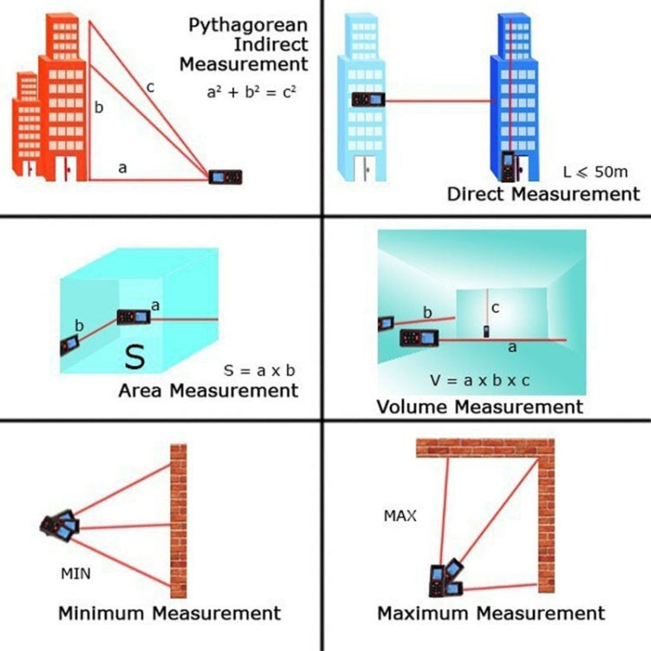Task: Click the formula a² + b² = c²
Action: (x=251, y=89)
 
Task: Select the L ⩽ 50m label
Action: (x=595, y=173)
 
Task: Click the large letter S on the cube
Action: (x=135, y=356)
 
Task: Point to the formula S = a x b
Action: (x=260, y=371)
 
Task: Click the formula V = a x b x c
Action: (x=479, y=380)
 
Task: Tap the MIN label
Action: (x=75, y=573)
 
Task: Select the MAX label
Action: (x=400, y=516)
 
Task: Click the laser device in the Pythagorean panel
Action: (x=226, y=177)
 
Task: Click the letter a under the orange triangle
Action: (x=122, y=168)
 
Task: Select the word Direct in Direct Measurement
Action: (x=475, y=194)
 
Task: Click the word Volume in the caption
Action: (x=412, y=406)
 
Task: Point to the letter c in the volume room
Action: (x=494, y=308)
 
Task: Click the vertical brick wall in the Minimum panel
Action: (x=178, y=521)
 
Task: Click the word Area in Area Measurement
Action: (x=141, y=391)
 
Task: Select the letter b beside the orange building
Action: (x=99, y=108)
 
